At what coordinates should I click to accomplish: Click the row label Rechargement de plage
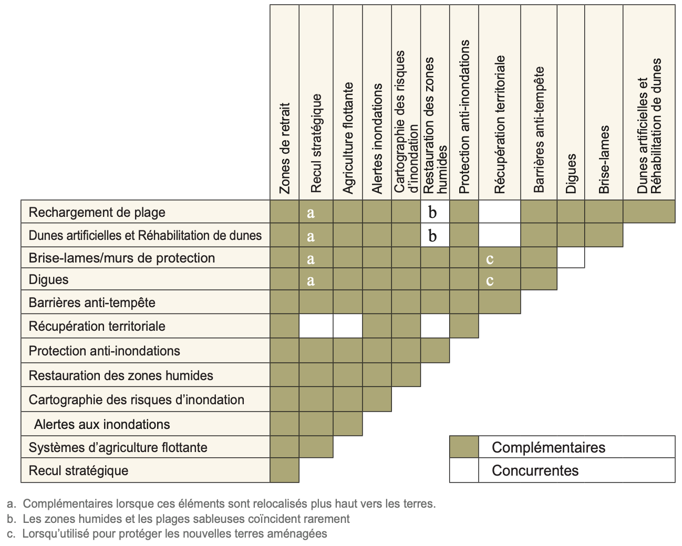click(97, 212)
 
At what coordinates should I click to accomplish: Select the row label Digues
click(49, 279)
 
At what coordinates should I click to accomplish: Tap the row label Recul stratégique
click(79, 470)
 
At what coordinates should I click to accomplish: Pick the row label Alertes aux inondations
click(102, 424)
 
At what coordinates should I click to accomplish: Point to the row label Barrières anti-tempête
click(92, 302)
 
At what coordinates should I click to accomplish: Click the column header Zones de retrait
click(285, 148)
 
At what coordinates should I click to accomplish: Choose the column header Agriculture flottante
click(348, 138)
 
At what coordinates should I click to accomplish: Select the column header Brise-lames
click(604, 159)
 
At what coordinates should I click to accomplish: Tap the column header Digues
click(571, 173)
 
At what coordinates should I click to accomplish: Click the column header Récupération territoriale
click(499, 124)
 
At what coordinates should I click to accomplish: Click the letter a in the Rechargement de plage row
click(311, 212)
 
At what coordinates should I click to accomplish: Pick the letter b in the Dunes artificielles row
click(432, 236)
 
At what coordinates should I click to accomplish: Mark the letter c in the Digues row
click(490, 280)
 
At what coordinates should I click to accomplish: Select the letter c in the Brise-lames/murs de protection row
click(490, 258)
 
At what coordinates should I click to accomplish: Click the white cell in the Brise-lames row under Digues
click(571, 257)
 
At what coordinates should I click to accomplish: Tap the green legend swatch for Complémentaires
click(464, 447)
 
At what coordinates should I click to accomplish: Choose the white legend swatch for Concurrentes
click(464, 470)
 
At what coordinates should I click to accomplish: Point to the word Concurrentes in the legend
click(535, 470)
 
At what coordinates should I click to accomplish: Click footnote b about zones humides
click(179, 519)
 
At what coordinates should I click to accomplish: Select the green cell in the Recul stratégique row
click(284, 470)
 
